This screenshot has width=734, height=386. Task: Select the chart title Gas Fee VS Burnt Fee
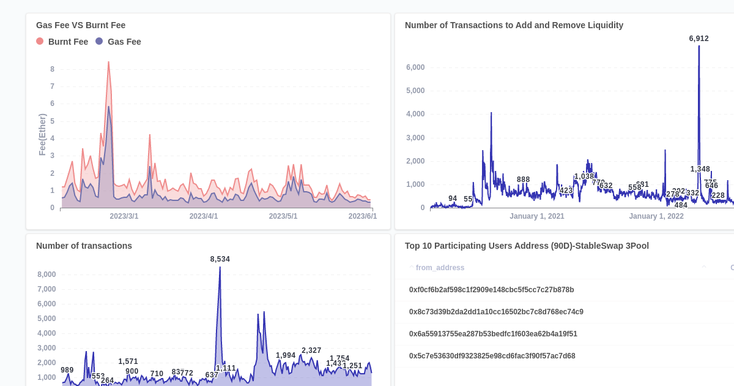pos(81,25)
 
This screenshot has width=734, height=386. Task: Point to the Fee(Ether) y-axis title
pos(42,134)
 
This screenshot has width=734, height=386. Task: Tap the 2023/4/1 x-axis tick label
pos(204,216)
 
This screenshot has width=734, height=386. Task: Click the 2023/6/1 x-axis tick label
pos(363,216)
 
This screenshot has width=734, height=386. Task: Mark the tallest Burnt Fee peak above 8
pos(109,62)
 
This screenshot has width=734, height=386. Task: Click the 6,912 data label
pos(699,39)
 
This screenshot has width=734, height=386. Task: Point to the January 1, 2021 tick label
pos(537,216)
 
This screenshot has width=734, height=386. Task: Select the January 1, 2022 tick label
pos(656,216)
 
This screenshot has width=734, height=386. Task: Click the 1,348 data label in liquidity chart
pos(700,169)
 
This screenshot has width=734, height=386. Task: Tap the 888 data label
pos(523,180)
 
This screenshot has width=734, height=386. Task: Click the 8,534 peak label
pos(220,259)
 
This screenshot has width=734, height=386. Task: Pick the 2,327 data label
pos(311,350)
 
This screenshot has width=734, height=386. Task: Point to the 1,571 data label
pos(128,361)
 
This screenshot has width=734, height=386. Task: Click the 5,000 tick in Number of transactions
pos(46,319)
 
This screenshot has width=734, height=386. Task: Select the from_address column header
pos(440,268)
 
